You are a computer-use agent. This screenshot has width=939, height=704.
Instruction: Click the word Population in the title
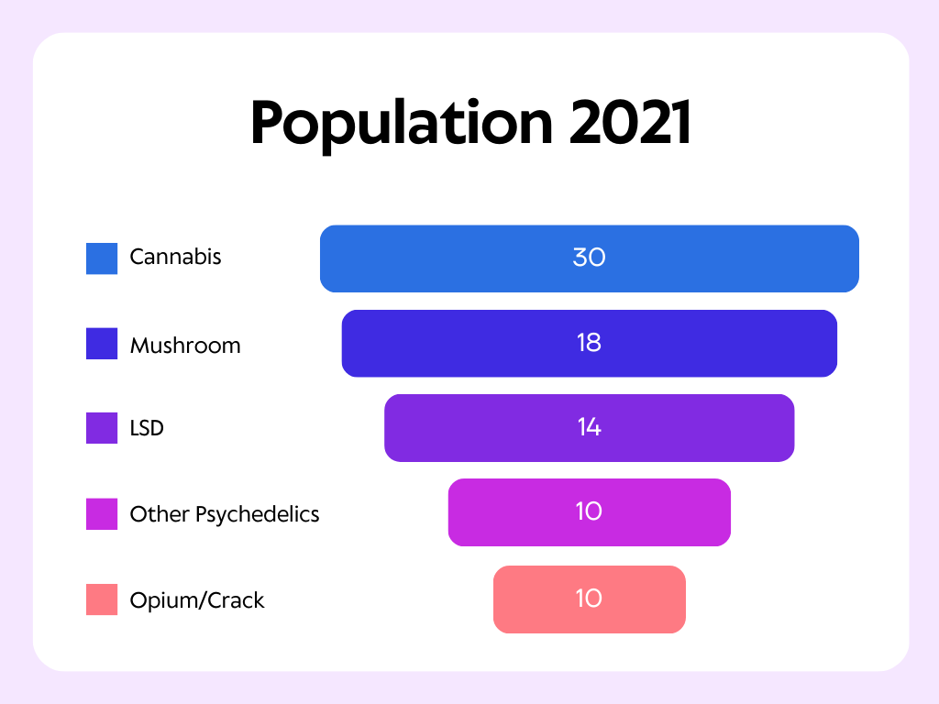coord(402,125)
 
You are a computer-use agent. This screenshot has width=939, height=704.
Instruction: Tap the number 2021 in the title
coord(631,122)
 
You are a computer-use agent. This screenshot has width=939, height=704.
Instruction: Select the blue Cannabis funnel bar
coord(590,258)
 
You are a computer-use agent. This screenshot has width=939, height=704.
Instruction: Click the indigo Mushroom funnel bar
coord(590,344)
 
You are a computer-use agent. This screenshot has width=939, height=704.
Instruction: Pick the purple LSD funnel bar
coord(590,428)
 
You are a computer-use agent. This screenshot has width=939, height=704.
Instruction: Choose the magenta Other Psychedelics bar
coord(590,512)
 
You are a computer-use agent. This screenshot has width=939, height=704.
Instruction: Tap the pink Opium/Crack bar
coord(590,599)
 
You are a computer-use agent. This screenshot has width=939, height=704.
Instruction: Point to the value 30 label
coord(590,258)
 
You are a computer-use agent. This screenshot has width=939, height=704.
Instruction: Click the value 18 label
coord(590,343)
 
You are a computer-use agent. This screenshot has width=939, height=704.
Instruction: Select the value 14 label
coord(590,427)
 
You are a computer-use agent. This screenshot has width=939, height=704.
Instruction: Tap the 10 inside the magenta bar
coord(590,511)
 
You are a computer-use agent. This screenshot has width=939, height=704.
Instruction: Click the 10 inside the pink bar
coord(590,598)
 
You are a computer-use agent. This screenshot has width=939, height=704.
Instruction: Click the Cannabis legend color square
coord(102,258)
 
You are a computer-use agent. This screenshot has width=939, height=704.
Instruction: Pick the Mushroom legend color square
coord(102,344)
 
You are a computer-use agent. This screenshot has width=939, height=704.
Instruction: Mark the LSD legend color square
coord(102,428)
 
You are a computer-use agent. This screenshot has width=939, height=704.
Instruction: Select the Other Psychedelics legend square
coord(102,513)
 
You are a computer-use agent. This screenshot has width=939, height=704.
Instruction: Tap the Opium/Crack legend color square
coord(102,599)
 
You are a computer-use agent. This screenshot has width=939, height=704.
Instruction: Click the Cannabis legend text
coord(175,257)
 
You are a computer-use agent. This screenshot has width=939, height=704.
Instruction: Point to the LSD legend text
coord(147,428)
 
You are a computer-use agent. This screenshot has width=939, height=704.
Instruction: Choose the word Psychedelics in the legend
coord(258,515)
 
